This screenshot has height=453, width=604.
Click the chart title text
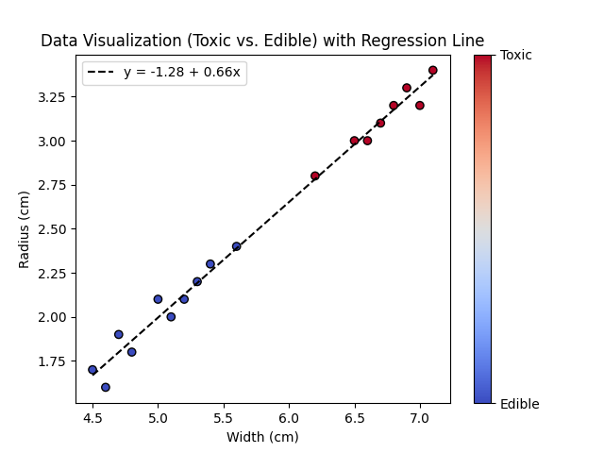262,42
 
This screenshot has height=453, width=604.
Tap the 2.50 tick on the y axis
53,229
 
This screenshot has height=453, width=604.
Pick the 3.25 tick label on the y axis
53,97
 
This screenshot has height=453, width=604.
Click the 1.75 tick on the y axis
53,361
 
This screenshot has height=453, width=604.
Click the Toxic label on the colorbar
516,55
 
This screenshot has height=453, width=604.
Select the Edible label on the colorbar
520,404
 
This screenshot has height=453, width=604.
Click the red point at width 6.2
315,176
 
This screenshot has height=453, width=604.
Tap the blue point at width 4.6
106,387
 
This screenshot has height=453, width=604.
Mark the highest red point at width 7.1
433,70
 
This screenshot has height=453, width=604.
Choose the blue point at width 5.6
237,246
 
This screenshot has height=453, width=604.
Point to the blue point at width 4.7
119,334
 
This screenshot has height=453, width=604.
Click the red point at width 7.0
420,106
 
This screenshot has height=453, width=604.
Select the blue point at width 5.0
158,299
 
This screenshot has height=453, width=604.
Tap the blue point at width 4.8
132,352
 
